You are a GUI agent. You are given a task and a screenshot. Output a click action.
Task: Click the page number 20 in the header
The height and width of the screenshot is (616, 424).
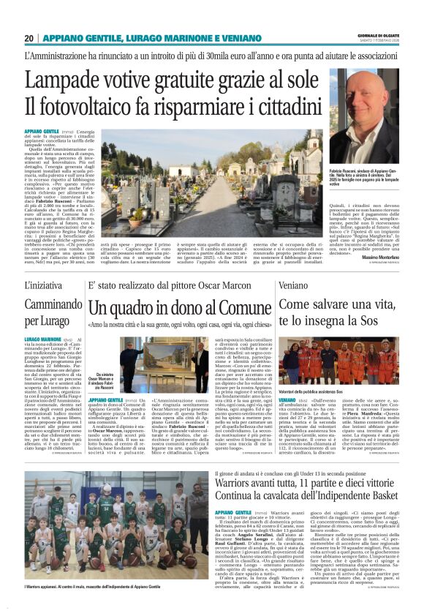click(x=29, y=38)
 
